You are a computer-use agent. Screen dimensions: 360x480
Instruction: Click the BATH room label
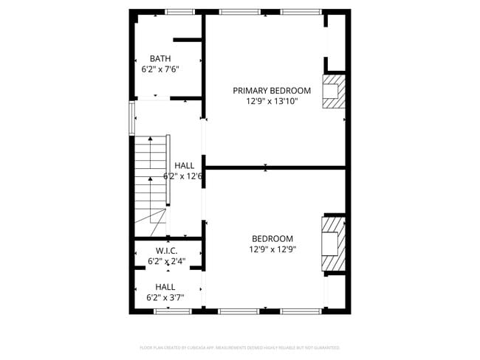(x=160, y=58)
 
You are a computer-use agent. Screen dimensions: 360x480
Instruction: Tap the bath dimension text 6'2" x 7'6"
(x=160, y=69)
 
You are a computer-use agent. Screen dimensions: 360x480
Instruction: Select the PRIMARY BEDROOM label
(x=272, y=91)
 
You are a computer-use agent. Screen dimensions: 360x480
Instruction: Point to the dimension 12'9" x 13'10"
(x=272, y=102)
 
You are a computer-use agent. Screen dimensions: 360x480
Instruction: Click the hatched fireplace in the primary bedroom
(x=334, y=91)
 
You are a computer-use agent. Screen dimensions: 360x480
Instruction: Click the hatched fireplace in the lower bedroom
(x=334, y=243)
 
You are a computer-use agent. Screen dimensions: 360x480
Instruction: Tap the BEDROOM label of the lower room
(x=272, y=238)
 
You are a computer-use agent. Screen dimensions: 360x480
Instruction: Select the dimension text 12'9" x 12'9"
(x=272, y=249)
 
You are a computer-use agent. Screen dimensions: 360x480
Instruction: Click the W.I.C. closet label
(x=166, y=251)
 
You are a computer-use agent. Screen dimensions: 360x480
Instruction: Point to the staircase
(x=151, y=181)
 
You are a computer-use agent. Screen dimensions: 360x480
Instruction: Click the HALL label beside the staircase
(x=185, y=166)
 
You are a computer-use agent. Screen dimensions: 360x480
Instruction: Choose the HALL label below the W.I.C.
(x=165, y=286)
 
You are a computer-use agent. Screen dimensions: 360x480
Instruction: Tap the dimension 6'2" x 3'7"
(x=165, y=297)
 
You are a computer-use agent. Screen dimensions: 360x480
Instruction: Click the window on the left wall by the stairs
(x=132, y=117)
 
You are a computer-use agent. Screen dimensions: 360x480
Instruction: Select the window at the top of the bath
(x=179, y=12)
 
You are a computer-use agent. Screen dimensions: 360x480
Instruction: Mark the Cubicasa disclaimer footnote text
(x=240, y=347)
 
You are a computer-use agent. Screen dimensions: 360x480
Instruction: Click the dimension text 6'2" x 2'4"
(x=166, y=261)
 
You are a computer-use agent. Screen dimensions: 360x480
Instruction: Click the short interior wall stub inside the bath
(x=188, y=40)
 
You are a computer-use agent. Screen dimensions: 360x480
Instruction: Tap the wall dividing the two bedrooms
(x=275, y=167)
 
